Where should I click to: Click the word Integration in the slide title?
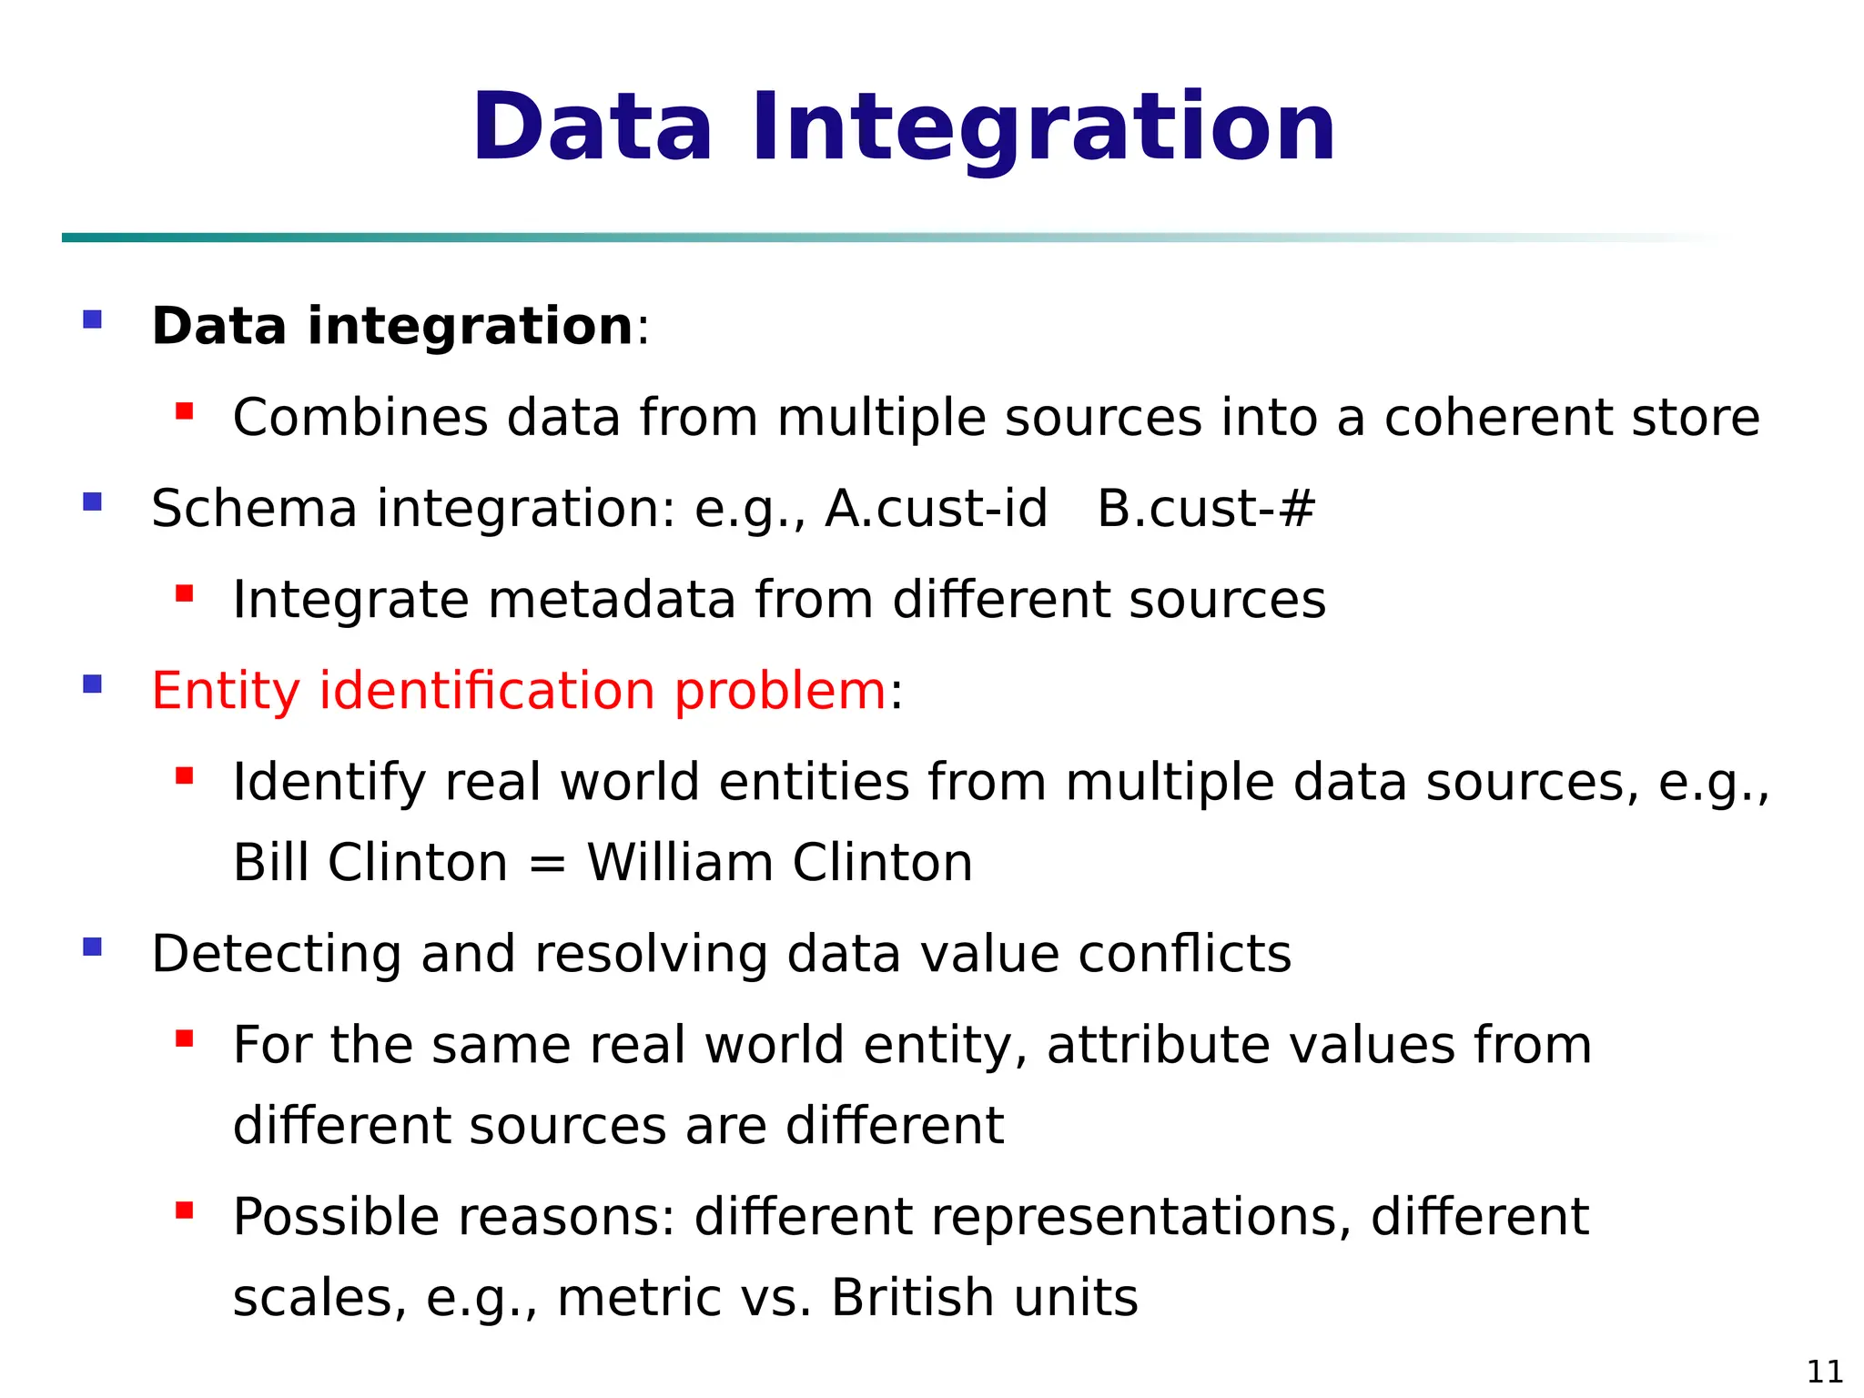coord(1043,129)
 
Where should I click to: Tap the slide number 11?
coord(1824,1371)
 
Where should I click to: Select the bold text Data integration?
coord(391,326)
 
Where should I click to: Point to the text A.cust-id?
coord(936,508)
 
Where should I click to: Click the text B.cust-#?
coord(1206,508)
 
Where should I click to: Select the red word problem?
coord(779,691)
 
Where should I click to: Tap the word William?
coord(680,862)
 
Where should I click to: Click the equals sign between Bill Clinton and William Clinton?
coord(547,864)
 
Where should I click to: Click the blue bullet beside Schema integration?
coord(92,501)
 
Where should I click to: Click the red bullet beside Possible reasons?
coord(185,1210)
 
